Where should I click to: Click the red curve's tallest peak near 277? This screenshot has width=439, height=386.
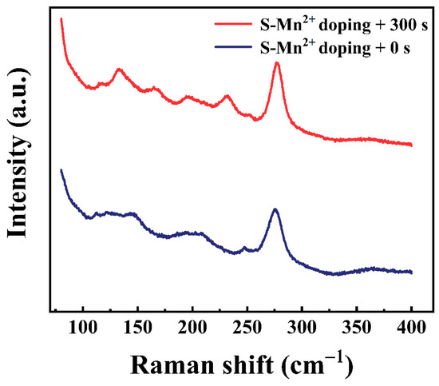pos(277,62)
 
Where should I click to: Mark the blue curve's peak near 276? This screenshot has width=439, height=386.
pos(275,209)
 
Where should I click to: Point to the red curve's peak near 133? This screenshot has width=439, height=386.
pos(119,70)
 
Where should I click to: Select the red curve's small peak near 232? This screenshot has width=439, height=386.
pos(227,96)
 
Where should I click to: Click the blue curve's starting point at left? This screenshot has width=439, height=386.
pos(61,169)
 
